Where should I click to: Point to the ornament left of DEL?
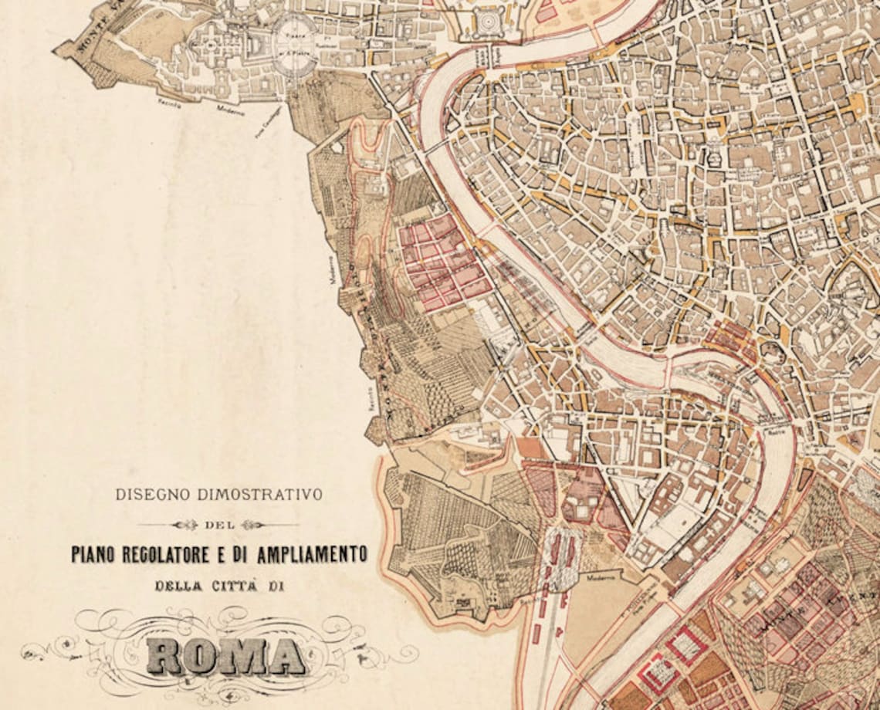(x=185, y=525)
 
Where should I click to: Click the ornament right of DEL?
(x=252, y=525)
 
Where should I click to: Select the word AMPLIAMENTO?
(x=316, y=554)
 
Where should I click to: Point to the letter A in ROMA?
(x=285, y=656)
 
